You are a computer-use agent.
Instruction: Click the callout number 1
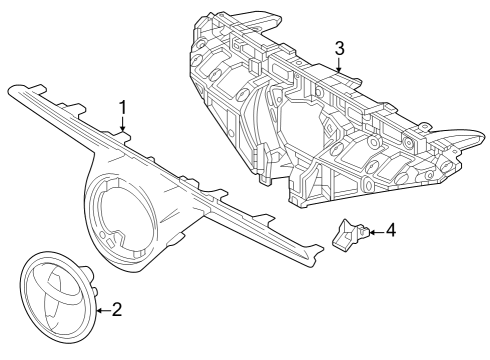[123, 106]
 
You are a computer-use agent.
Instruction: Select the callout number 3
[340, 47]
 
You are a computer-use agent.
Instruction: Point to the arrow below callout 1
[123, 125]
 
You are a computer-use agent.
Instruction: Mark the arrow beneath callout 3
[340, 66]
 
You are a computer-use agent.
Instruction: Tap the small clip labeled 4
[347, 235]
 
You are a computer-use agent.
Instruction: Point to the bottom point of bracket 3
[296, 203]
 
